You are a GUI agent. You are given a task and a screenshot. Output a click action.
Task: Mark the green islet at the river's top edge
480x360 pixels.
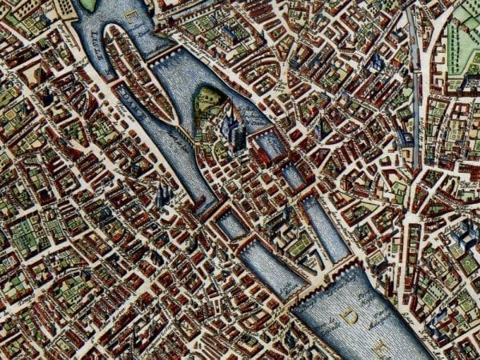[88, 5]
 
